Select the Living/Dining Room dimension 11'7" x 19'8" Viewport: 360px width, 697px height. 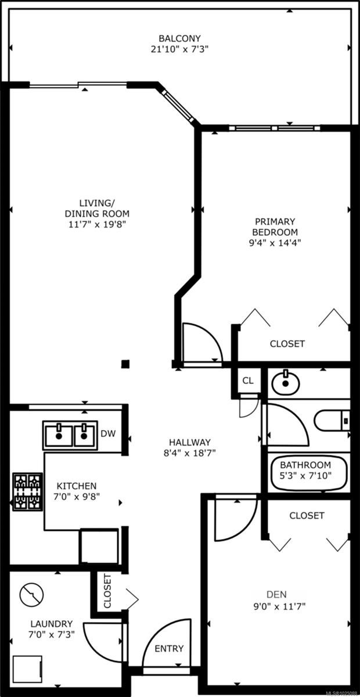(97, 224)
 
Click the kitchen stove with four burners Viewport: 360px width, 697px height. (28, 491)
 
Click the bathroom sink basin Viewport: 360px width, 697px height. (285, 382)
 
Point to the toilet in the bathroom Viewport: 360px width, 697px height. (331, 419)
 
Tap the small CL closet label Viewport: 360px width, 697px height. (248, 381)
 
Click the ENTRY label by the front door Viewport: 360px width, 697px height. (169, 649)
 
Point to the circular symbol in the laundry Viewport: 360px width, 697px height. (31, 594)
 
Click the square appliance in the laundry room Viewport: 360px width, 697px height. (27, 670)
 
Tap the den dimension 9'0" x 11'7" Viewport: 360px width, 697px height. (277, 606)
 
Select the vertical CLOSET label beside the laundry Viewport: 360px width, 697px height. (107, 591)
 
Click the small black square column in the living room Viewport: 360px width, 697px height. (125, 364)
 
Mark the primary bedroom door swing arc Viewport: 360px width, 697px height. (203, 343)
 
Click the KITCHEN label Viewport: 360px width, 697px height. (76, 486)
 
